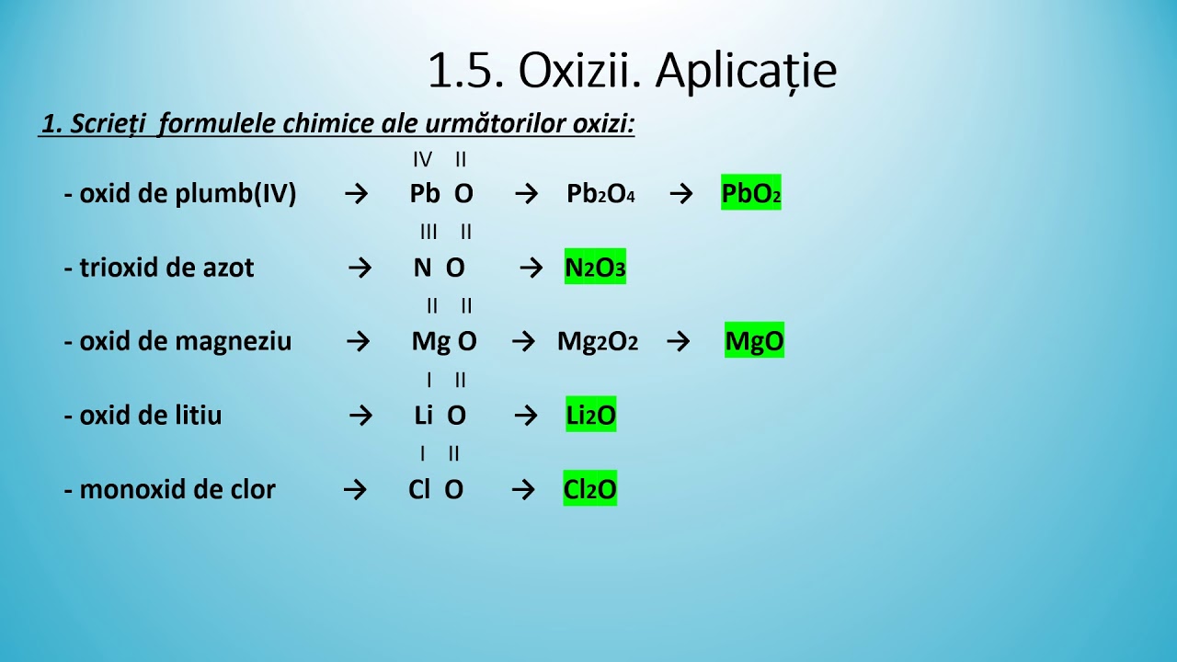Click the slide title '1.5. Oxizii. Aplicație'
[632, 71]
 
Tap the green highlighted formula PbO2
[751, 194]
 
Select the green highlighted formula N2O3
[595, 268]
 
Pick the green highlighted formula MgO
[754, 341]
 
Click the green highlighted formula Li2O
[590, 416]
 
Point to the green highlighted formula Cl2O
[589, 489]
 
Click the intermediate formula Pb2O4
[600, 194]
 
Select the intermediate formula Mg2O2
[597, 341]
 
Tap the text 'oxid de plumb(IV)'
[187, 194]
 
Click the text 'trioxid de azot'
[166, 268]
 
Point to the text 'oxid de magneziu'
[185, 341]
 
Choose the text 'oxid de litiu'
[150, 416]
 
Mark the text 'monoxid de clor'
[177, 489]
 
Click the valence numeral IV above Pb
[422, 160]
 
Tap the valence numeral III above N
[429, 232]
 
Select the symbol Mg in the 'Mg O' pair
[430, 341]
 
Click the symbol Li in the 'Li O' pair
[423, 416]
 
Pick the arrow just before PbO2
[680, 194]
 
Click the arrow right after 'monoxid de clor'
[355, 489]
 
